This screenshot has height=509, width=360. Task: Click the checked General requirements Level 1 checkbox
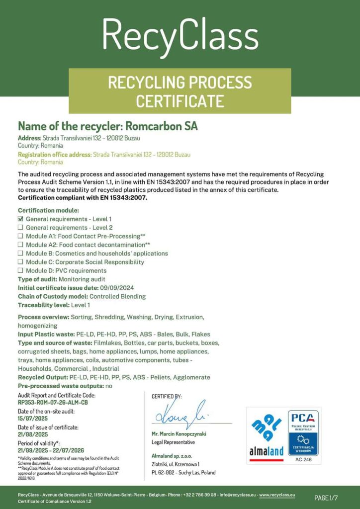[21, 219]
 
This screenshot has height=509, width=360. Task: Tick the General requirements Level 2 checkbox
[21, 227]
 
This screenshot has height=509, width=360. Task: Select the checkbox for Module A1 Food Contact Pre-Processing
[21, 236]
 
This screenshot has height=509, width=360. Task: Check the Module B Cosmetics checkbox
[21, 254]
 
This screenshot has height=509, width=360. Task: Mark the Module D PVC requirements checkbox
[21, 270]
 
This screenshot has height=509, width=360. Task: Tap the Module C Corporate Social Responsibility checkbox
[21, 262]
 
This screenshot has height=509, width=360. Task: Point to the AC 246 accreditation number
[303, 460]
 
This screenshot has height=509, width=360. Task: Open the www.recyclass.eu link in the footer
[277, 495]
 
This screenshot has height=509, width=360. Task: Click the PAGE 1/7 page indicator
[326, 498]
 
